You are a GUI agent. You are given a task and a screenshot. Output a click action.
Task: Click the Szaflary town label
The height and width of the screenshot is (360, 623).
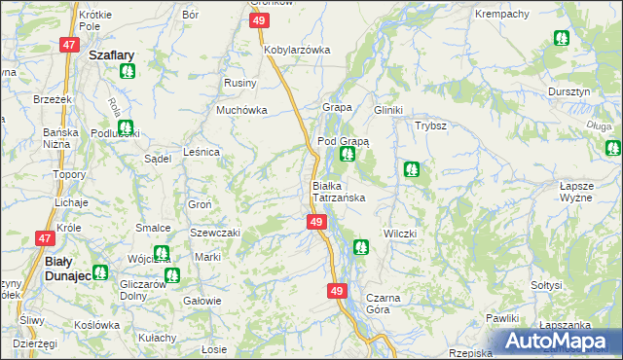(x=111, y=56)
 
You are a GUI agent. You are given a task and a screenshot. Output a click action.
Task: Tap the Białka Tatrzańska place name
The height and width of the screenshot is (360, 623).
(x=338, y=192)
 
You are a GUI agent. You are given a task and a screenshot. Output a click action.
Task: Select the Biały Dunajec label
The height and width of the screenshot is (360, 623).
(x=69, y=270)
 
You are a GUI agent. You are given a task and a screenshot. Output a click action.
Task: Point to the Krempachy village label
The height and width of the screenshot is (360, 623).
(x=502, y=15)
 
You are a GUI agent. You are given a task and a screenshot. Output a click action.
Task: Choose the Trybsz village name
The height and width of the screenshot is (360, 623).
(x=430, y=126)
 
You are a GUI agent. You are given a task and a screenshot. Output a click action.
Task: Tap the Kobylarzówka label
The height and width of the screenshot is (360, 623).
(x=297, y=49)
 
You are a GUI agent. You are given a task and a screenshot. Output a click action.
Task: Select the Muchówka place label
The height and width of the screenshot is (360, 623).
(x=241, y=110)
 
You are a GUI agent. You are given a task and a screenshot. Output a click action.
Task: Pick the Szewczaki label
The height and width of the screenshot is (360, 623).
(x=214, y=234)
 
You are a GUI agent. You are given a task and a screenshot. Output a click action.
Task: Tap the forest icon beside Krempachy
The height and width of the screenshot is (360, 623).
(x=561, y=39)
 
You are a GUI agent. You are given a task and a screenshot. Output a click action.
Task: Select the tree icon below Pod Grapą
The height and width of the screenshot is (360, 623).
(x=347, y=154)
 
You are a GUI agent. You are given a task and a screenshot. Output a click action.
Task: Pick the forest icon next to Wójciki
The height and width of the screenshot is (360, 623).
(x=161, y=253)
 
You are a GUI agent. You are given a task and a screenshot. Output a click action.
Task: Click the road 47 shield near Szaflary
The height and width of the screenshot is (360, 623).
(x=68, y=45)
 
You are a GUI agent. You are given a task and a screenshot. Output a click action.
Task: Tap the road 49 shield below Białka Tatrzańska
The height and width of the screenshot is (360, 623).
(x=315, y=223)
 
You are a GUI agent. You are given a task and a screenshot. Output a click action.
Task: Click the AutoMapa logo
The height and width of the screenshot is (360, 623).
(x=557, y=342)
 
